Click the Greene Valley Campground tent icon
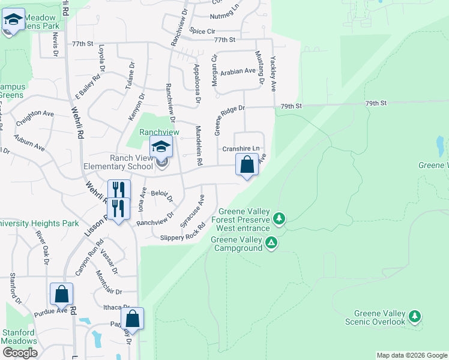271,242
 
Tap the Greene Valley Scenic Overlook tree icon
414,316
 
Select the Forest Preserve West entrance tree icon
279,218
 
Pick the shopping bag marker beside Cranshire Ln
247,164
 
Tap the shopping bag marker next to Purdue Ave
61,295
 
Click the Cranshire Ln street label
241,149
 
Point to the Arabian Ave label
238,71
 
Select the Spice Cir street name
202,31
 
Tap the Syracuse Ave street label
193,211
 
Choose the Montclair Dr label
109,282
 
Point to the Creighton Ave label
35,116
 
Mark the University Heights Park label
40,224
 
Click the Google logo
19,353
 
